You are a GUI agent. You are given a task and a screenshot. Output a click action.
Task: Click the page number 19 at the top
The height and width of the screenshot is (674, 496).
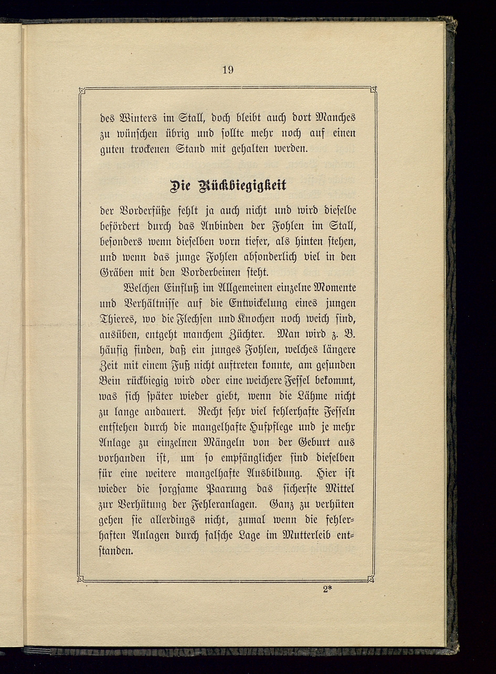pos(228,70)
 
